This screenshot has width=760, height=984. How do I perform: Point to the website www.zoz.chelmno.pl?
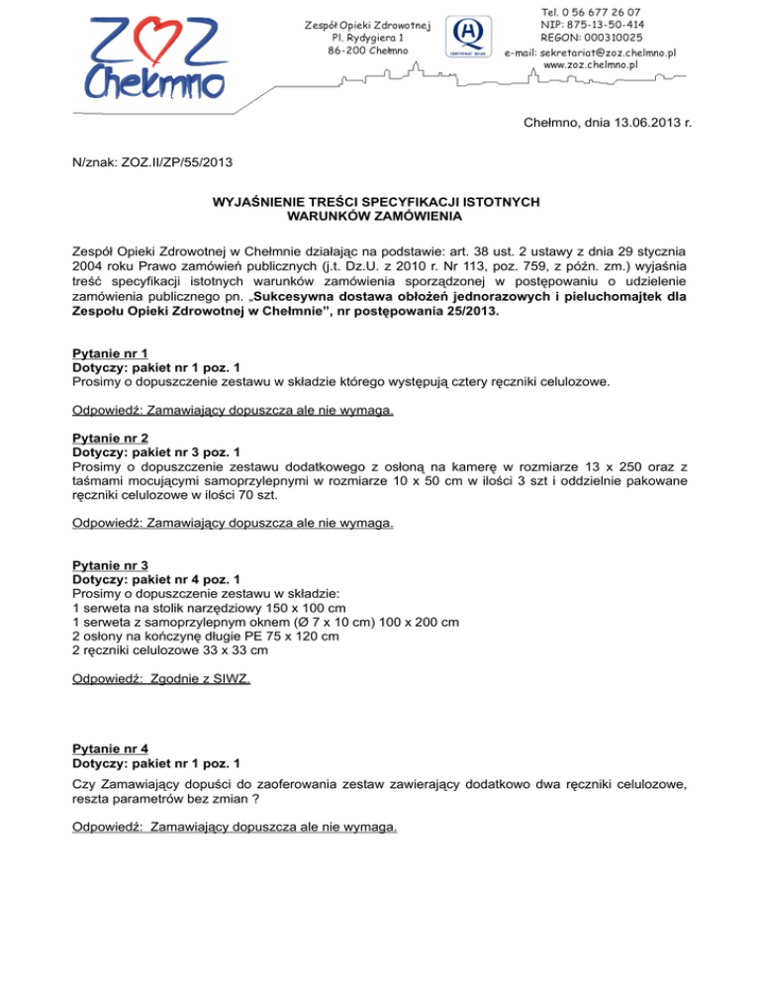pyautogui.click(x=591, y=65)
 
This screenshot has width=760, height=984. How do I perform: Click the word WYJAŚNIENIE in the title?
pyautogui.click(x=261, y=201)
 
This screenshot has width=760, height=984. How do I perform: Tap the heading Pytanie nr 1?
pyautogui.click(x=111, y=352)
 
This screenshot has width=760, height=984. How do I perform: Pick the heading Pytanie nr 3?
pyautogui.click(x=111, y=565)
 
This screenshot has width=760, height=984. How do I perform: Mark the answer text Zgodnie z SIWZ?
pyautogui.click(x=202, y=680)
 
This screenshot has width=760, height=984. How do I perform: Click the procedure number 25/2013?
pyautogui.click(x=468, y=315)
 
